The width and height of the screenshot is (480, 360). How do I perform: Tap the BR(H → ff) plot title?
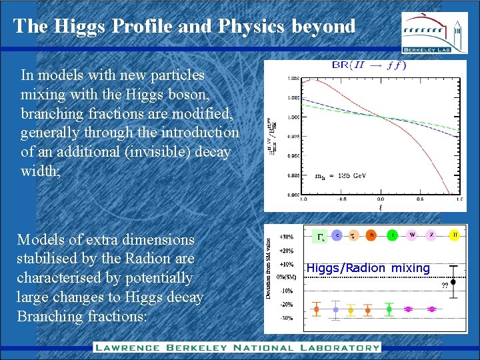(368, 65)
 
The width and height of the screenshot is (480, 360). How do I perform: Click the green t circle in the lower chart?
(393, 235)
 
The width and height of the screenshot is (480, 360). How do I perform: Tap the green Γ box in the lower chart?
(321, 236)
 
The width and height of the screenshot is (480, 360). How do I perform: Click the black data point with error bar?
(453, 282)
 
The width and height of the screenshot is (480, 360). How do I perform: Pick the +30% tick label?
(286, 237)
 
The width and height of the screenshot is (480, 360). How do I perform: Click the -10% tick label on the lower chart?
(286, 291)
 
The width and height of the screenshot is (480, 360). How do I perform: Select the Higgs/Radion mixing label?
(368, 268)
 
